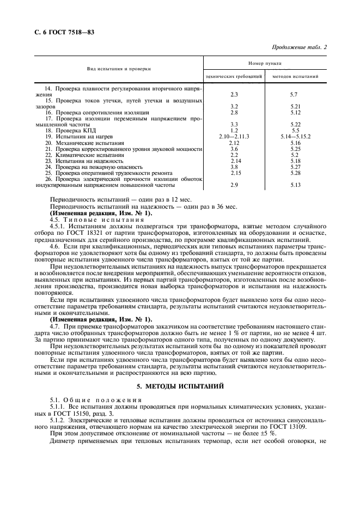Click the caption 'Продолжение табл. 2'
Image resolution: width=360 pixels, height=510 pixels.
(298, 47)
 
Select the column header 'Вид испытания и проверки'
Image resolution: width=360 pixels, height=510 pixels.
(119, 69)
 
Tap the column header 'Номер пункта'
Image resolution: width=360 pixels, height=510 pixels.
(265, 63)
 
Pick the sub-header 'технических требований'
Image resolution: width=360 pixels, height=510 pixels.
(234, 76)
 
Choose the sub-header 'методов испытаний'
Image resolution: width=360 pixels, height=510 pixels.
(296, 76)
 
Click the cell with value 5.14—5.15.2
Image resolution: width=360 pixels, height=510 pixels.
(296, 136)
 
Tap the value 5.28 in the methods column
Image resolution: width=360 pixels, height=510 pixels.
(296, 172)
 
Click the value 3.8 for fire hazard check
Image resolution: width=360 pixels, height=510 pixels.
(234, 166)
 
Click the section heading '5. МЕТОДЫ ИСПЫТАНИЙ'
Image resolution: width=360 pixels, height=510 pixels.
(180, 386)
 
